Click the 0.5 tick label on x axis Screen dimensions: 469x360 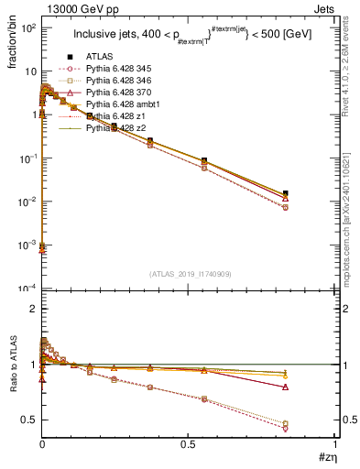pos(189,444)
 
